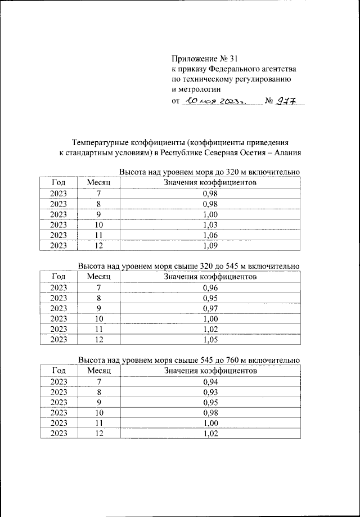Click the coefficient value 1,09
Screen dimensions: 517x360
pos(210,246)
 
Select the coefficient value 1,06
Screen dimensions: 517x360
pos(210,235)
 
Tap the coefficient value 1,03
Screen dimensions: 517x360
pos(210,225)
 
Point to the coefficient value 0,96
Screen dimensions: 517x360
pos(210,287)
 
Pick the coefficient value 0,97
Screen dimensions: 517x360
pos(210,308)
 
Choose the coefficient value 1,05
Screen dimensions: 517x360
pos(210,340)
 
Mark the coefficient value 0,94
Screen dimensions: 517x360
pos(210,382)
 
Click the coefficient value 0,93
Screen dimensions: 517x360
pos(210,392)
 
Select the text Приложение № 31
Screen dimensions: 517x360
pos(202,58)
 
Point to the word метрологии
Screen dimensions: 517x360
pos(196,89)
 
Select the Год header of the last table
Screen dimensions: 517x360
pos(58,371)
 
